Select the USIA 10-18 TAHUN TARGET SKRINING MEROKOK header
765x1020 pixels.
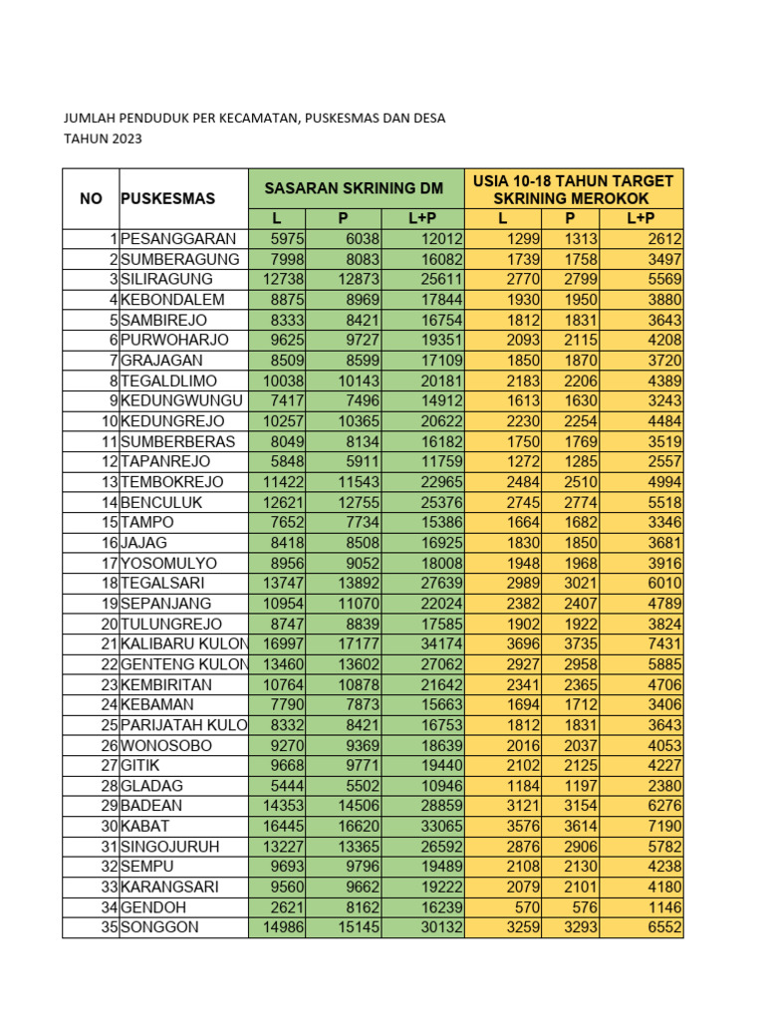click(573, 188)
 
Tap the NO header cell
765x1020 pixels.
click(91, 198)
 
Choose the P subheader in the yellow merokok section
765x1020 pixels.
click(571, 219)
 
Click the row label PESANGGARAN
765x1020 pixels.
click(178, 239)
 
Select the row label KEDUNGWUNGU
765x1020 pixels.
click(182, 400)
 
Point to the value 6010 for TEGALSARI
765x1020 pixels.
click(663, 583)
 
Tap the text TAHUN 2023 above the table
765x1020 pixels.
click(103, 138)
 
